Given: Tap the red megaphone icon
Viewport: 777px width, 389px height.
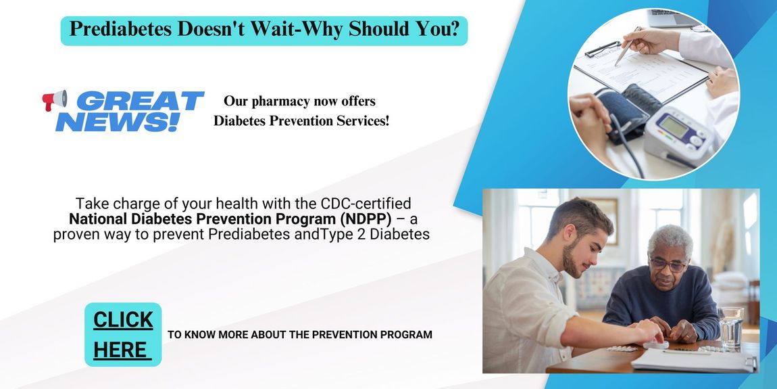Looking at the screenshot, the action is pyautogui.click(x=54, y=100).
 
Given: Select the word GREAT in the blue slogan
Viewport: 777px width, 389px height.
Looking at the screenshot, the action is pyautogui.click(x=140, y=101).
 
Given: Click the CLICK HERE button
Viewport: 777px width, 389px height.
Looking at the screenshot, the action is pyautogui.click(x=123, y=334).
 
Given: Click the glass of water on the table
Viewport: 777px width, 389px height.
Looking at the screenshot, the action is pyautogui.click(x=731, y=328).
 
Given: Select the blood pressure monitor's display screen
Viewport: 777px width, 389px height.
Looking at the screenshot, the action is pyautogui.click(x=674, y=126).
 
